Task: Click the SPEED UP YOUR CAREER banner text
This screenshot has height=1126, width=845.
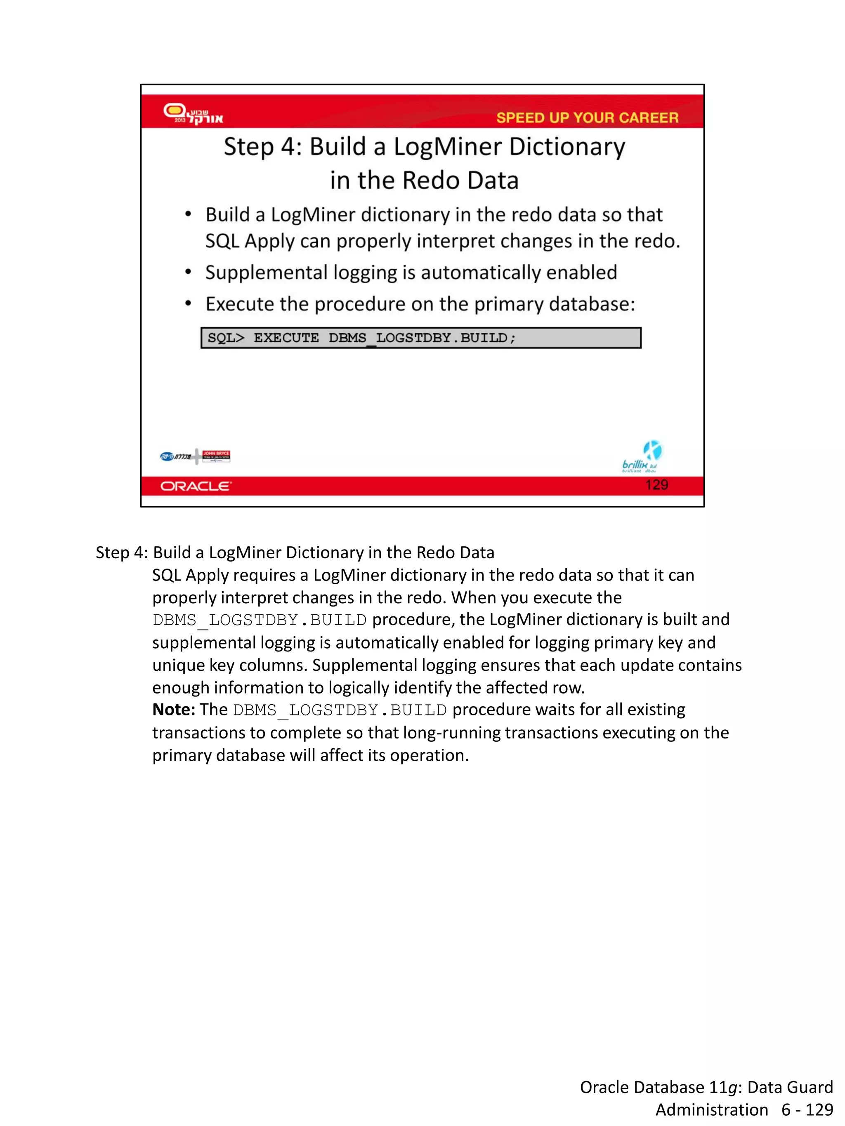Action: click(587, 118)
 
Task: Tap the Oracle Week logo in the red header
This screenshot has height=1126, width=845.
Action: click(193, 113)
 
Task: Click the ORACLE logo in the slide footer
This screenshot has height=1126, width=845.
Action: click(196, 486)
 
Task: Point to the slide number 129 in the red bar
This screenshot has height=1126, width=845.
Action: click(656, 484)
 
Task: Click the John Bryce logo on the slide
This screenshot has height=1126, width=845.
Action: click(216, 456)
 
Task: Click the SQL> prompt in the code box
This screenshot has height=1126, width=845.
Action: click(226, 338)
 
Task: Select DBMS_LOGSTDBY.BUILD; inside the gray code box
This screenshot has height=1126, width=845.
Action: click(422, 338)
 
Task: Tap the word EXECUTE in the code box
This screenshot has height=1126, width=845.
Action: click(286, 338)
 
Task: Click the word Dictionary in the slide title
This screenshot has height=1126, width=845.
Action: click(566, 147)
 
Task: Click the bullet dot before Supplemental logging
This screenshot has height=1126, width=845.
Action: click(188, 273)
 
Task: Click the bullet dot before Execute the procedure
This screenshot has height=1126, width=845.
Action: click(188, 304)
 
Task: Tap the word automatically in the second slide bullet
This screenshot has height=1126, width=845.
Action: click(480, 273)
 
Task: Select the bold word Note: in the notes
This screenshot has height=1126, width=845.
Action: click(173, 710)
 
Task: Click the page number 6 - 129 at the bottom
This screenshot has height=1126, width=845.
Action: click(807, 1110)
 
